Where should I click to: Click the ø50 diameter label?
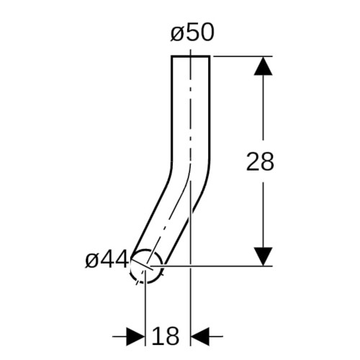pos(192,32)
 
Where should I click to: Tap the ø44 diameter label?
pos(107,259)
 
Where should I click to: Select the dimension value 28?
pos(260,161)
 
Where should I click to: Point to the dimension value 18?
pos(166,336)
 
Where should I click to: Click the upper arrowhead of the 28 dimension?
pos(264,66)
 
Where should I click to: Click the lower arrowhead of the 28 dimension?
pos(264,256)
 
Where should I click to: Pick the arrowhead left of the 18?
pos(135,336)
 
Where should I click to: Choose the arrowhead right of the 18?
pos(199,336)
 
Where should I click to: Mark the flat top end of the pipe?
pos(191,56)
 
